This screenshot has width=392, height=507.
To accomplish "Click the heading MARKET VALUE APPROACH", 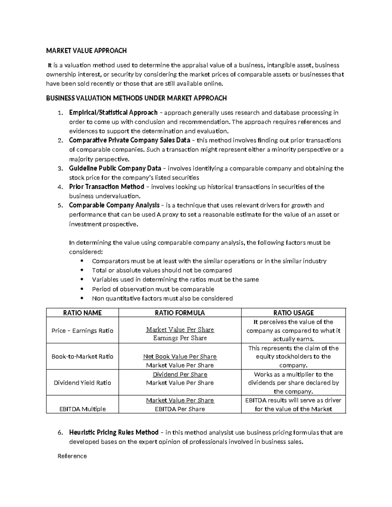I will click(x=86, y=51).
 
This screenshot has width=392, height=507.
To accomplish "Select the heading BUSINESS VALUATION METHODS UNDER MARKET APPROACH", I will click(x=136, y=98).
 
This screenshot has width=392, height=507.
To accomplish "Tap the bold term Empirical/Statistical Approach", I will click(x=113, y=113).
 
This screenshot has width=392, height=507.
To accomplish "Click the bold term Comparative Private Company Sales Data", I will click(x=129, y=140).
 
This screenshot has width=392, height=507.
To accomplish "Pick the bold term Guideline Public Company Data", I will click(x=115, y=168).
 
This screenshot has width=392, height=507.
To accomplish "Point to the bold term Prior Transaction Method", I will click(x=106, y=187).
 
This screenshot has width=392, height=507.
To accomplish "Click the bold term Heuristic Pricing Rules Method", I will click(x=114, y=433).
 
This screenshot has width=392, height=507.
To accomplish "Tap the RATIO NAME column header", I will click(x=82, y=313).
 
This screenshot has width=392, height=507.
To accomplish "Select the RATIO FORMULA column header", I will click(x=180, y=313).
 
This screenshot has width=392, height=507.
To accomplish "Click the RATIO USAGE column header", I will click(x=293, y=313).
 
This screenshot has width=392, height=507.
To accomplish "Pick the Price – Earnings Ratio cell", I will click(x=82, y=331).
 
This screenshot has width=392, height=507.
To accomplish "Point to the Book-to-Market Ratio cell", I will click(x=82, y=356).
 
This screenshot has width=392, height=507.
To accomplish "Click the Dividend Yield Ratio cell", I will click(x=82, y=383).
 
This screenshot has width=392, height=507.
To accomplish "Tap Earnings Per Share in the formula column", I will click(x=180, y=338).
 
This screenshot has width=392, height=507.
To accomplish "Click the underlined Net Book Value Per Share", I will click(x=180, y=357).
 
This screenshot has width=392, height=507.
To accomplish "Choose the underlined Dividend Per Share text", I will click(x=180, y=374).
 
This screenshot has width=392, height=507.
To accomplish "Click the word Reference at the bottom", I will click(x=72, y=456).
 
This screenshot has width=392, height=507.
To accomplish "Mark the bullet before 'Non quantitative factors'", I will click(x=82, y=298).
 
